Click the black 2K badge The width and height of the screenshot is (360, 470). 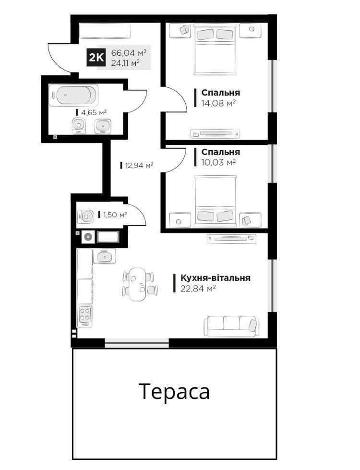coord(96,57)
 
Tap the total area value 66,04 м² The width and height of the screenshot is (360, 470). coord(129,52)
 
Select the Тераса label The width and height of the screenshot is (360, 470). coord(174,392)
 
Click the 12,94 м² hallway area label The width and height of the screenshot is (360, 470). coord(139,165)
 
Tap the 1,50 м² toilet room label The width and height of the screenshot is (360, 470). coord(115,215)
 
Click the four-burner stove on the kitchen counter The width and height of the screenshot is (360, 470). coord(85,315)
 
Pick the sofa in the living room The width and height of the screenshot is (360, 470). coord(231,326)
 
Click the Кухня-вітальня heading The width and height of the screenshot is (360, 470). coord(215,278)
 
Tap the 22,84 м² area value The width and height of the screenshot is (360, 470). coord(198,289)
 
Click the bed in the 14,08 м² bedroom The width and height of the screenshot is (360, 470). coord(215,49)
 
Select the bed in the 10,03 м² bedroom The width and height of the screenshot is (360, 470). coord(215,201)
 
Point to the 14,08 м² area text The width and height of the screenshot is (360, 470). coord(218,103)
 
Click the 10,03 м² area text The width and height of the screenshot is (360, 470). coord(218,162)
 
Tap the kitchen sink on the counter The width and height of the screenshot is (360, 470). coord(104,256)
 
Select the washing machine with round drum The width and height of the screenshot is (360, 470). coord(88,237)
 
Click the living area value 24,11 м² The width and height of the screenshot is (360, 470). coord(125,63)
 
